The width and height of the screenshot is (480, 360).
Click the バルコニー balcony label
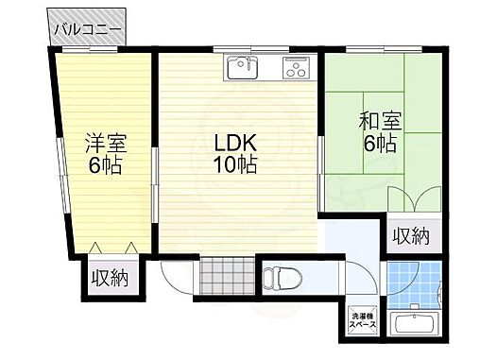(x=87, y=29)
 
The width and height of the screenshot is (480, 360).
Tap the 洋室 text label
(x=105, y=146)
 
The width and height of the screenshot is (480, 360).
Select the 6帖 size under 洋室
(x=105, y=166)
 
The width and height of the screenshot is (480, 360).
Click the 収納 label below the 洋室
(x=110, y=278)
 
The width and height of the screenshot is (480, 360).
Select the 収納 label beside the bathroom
(x=412, y=235)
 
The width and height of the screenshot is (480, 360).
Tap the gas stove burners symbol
(x=295, y=67)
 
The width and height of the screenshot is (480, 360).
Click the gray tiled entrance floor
(x=226, y=277)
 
